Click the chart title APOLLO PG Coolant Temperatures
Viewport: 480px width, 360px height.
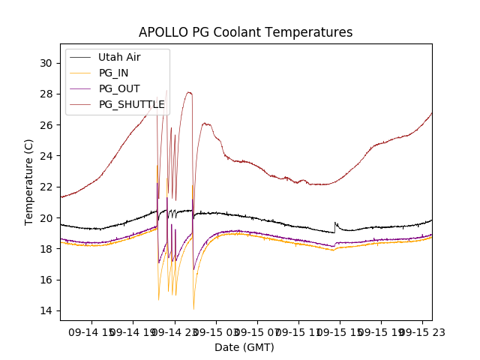click(x=245, y=32)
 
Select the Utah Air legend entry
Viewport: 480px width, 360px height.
click(x=119, y=57)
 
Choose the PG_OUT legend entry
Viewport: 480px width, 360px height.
click(x=119, y=88)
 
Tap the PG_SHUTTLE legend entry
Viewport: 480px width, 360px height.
click(x=131, y=104)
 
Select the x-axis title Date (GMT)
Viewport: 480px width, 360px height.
click(x=244, y=347)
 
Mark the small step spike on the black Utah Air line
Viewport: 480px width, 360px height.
click(x=335, y=223)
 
